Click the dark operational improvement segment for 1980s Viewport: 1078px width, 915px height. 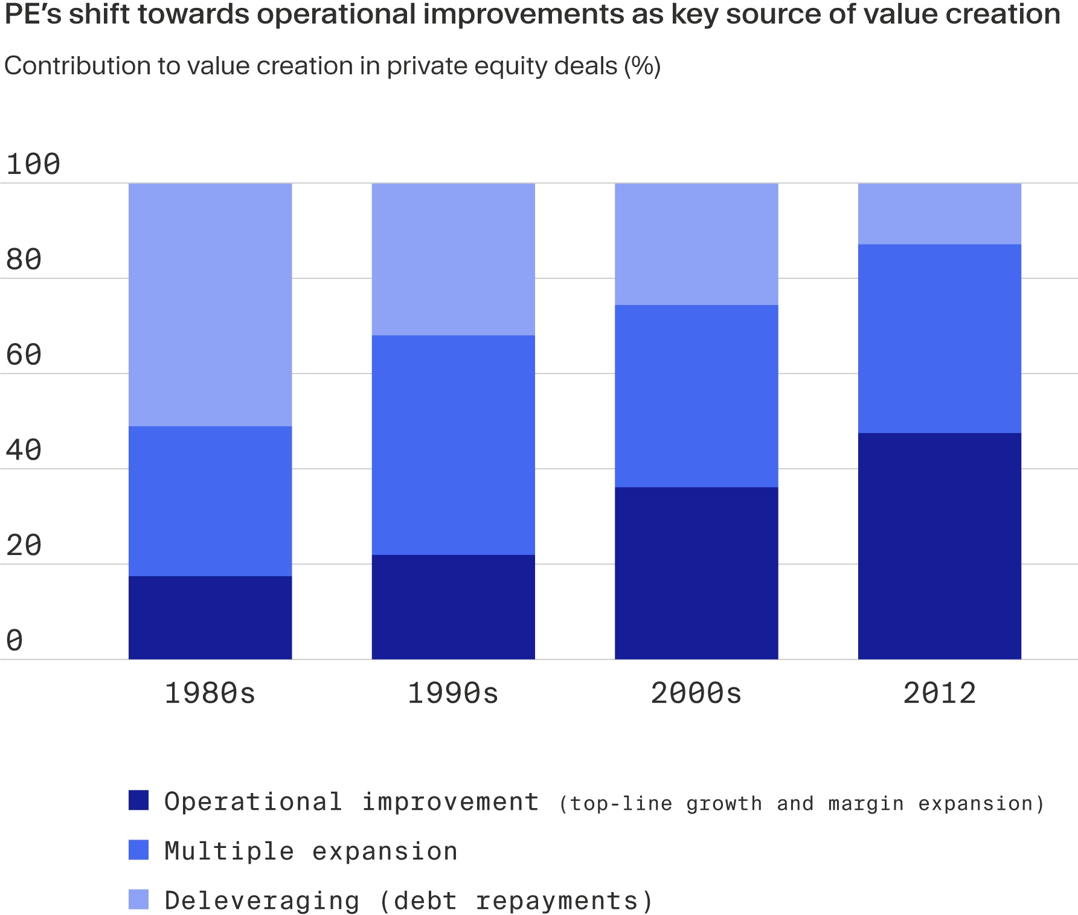(210, 617)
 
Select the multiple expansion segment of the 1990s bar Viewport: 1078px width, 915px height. (453, 445)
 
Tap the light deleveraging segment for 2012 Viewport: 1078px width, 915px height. (939, 213)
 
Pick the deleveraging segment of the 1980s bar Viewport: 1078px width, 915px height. (210, 304)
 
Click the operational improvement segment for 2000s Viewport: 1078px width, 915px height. (696, 573)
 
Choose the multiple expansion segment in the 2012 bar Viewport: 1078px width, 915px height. (939, 338)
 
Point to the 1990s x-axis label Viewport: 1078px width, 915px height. (453, 693)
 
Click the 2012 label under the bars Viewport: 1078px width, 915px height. (939, 693)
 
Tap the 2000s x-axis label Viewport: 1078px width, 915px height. (696, 693)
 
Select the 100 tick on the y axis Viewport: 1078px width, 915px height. (33, 164)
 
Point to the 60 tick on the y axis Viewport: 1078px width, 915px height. (24, 355)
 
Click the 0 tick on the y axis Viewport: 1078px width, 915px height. (14, 640)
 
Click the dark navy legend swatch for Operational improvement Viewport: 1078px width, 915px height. (138, 800)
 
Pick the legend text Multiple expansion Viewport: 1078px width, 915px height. (311, 851)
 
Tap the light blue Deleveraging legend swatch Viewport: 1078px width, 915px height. (138, 899)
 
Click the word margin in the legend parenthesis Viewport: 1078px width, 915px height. (865, 804)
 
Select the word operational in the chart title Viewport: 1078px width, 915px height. (335, 14)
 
